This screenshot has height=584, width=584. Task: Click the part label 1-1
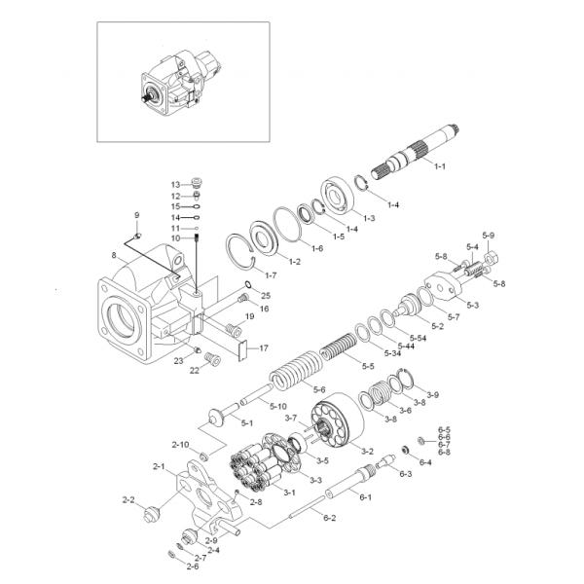(440, 166)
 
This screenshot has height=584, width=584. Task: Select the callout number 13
(175, 185)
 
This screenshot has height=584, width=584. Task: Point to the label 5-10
(277, 406)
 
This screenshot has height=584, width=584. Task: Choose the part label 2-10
(180, 445)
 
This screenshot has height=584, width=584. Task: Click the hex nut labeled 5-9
(491, 257)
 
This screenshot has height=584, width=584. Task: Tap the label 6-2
(329, 518)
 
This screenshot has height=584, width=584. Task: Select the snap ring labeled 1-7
(241, 251)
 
